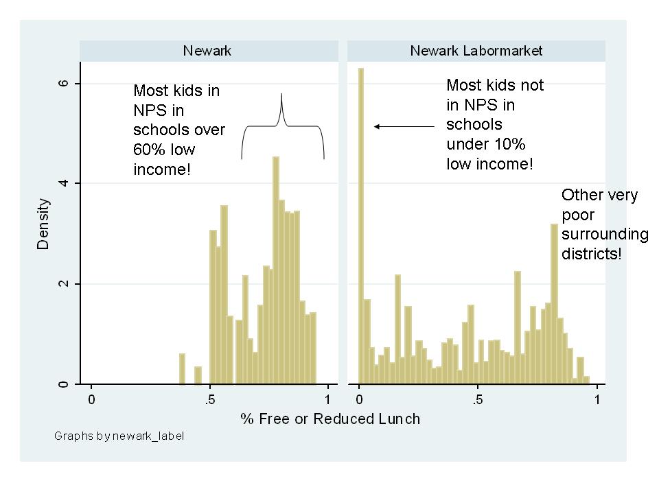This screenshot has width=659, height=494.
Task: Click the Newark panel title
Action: [207, 51]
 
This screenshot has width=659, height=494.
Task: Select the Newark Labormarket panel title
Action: [476, 51]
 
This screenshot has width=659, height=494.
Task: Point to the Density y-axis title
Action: [44, 224]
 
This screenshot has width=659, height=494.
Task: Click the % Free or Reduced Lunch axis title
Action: [329, 419]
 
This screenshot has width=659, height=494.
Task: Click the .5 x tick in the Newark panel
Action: [211, 399]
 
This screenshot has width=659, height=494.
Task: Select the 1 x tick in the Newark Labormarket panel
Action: [597, 399]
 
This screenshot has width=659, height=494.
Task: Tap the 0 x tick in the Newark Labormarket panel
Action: [360, 399]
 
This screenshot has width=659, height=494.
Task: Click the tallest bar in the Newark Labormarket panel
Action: [360, 226]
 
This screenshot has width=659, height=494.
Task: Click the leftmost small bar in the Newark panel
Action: [182, 368]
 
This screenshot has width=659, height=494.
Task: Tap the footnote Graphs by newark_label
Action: [119, 436]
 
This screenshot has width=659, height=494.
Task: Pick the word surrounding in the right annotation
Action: [604, 235]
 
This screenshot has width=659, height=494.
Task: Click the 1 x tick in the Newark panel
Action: [327, 399]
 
